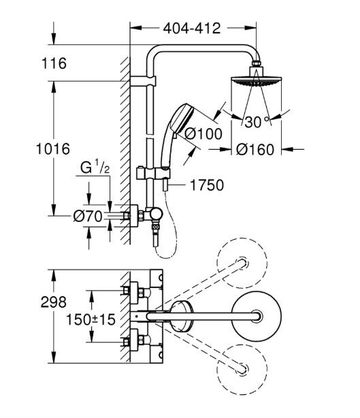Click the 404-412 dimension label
(x=192, y=28)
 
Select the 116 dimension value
(x=54, y=63)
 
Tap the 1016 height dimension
(x=53, y=149)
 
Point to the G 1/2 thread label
(x=95, y=167)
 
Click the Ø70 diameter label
(x=88, y=216)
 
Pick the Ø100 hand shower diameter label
(x=203, y=134)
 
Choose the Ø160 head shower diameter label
(x=255, y=150)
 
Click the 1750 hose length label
(x=207, y=185)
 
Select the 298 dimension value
(x=53, y=302)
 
